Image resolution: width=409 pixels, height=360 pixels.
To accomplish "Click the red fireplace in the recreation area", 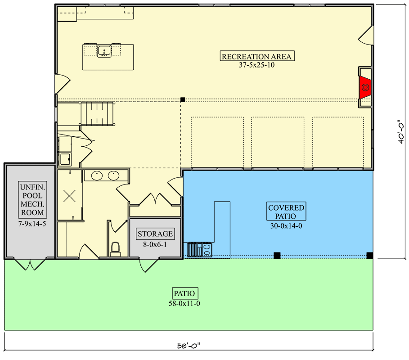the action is click(365, 87).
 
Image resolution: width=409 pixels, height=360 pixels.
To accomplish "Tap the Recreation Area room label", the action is click(257, 56).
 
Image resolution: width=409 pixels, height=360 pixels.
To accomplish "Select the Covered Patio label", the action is click(286, 211).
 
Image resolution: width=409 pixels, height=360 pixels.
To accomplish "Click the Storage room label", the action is click(155, 234).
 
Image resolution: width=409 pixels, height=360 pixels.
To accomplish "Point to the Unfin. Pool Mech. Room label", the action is click(32, 199).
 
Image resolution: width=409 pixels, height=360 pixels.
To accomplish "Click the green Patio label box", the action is click(184, 293).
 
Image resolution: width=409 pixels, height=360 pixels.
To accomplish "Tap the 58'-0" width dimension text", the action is click(189, 346).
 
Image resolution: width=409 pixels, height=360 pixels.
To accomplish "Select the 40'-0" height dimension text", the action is click(401, 132).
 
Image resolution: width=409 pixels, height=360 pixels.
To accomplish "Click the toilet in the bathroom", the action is click(115, 249).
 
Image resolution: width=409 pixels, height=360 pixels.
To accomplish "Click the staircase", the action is click(97, 114).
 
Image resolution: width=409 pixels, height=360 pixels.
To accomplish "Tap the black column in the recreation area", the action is click(183, 99).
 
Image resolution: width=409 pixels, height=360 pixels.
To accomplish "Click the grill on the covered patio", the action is click(199, 250).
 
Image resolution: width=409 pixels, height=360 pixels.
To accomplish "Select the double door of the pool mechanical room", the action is click(30, 264).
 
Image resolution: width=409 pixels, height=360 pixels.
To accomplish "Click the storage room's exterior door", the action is click(148, 265).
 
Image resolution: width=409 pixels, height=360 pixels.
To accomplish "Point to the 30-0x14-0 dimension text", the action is click(286, 226).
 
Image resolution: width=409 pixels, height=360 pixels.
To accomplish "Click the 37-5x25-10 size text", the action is click(257, 65).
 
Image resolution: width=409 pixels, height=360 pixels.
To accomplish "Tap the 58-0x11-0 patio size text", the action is click(184, 303).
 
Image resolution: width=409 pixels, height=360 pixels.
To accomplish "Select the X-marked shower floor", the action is click(70, 196).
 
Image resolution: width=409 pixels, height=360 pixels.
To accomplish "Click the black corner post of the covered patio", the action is click(369, 256).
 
